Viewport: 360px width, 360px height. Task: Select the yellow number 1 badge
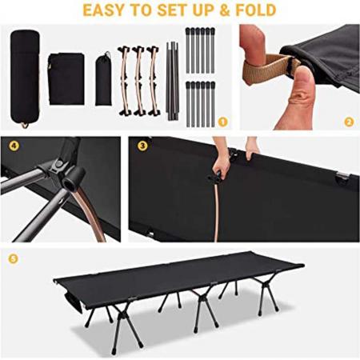pos(222,122)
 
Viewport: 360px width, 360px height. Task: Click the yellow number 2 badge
pos(349,122)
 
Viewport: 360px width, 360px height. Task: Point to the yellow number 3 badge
pos(142,146)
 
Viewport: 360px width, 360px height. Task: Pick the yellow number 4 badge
pos(14,146)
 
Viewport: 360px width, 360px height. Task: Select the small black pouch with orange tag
pos(104,78)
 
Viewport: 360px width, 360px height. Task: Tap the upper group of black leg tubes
pos(199,50)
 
